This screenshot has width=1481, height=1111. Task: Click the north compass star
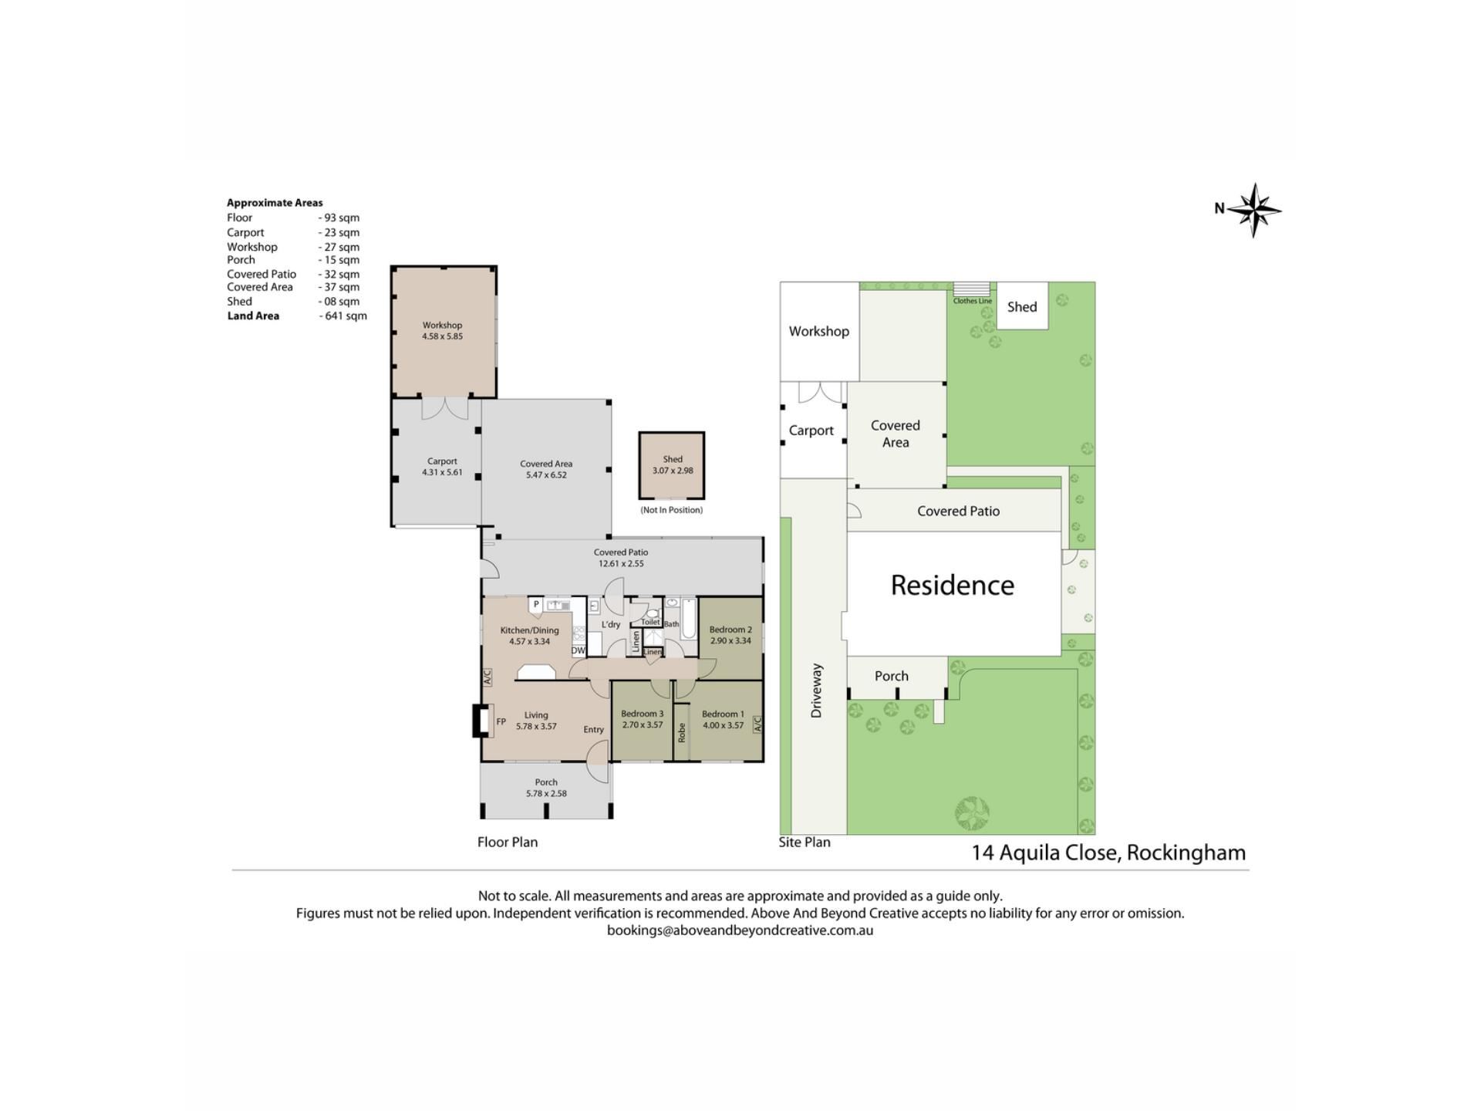(1254, 210)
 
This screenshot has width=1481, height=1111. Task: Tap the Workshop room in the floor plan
(444, 332)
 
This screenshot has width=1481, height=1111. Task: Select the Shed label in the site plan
(1022, 307)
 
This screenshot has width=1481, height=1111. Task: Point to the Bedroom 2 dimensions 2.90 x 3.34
(730, 640)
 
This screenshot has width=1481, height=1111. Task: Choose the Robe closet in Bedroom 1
(682, 732)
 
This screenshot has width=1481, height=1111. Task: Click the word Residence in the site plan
(953, 585)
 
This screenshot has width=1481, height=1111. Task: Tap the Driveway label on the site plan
(817, 691)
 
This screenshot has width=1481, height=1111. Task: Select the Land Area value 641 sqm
(343, 316)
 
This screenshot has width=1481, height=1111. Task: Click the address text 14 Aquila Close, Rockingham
(1108, 853)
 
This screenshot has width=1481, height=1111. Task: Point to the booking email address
(740, 930)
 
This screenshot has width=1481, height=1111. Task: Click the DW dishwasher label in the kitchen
(578, 650)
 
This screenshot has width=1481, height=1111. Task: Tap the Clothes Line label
(973, 301)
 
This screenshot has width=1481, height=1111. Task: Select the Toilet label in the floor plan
(650, 622)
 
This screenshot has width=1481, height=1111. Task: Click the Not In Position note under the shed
(672, 510)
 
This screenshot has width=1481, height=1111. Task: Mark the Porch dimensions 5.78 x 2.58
(546, 793)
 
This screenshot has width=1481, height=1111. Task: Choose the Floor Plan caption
(508, 842)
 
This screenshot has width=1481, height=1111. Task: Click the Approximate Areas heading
(275, 203)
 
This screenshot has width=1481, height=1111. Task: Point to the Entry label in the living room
(593, 730)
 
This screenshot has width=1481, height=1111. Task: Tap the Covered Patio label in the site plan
(958, 511)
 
